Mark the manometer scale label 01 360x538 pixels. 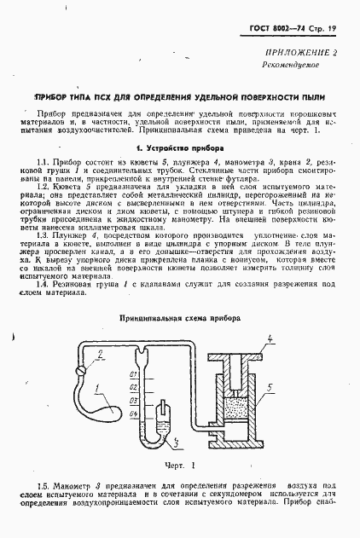point(132,375)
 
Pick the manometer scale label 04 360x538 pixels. point(132,414)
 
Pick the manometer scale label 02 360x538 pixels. point(132,388)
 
